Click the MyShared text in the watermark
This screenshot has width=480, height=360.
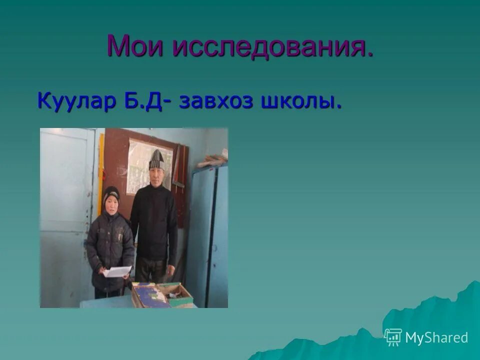(436, 337)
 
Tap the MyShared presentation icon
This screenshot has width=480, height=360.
(393, 337)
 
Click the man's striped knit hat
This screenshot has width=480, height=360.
(156, 159)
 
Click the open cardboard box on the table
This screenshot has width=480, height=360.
(161, 294)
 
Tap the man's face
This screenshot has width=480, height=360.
(156, 174)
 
